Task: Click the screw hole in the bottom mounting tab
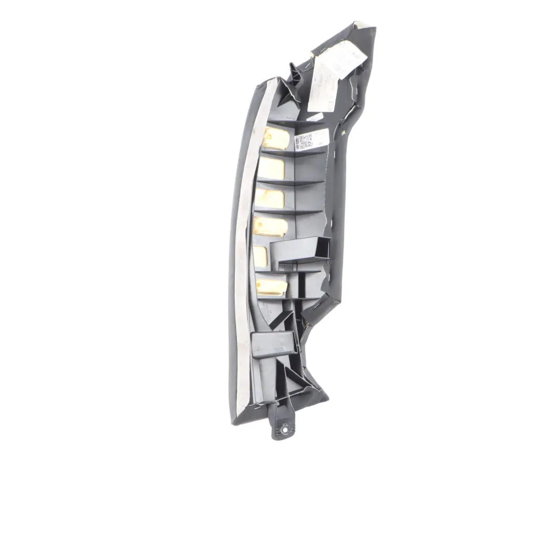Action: coord(284,428)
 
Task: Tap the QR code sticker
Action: coord(304,142)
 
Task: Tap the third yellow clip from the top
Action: coord(270,198)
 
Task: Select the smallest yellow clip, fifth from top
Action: coord(260,256)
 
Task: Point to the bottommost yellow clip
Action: coord(271,285)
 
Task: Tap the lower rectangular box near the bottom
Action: coord(273,343)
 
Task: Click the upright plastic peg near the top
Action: coord(294,73)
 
